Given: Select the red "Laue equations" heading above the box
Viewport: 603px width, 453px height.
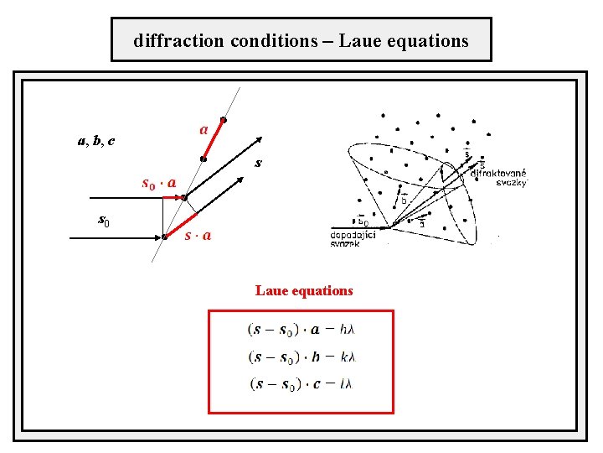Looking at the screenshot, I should tap(304, 291).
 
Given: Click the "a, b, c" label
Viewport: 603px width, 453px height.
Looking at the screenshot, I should tap(96, 141).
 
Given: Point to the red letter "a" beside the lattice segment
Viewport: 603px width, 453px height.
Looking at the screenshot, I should tap(204, 130).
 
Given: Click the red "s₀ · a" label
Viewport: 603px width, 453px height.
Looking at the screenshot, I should tap(158, 182).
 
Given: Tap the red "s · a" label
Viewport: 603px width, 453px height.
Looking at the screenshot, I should tap(198, 236).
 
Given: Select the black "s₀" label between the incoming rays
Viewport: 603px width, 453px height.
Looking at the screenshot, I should tap(104, 221).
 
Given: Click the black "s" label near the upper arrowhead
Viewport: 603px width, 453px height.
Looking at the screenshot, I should tap(259, 163).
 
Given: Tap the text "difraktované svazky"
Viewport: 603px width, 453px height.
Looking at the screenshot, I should tap(499, 178).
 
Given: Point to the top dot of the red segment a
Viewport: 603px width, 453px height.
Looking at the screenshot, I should tap(223, 120).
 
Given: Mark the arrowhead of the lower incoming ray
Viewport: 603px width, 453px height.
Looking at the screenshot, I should tap(162, 237).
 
